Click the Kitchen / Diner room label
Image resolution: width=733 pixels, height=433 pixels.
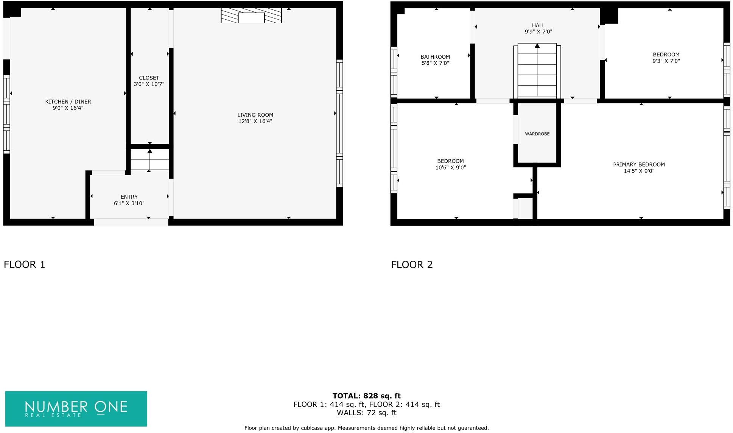tap(68, 101)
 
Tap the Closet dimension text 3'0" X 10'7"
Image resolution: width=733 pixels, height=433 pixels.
tap(149, 84)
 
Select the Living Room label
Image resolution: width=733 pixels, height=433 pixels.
tap(255, 115)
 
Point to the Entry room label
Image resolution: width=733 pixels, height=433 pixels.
tap(129, 197)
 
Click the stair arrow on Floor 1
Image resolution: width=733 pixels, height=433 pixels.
tap(150, 152)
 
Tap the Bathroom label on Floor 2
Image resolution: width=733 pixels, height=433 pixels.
tap(435, 57)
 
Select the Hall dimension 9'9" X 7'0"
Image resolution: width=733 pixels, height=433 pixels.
tap(538, 32)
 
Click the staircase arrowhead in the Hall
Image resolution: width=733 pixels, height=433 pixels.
tap(537, 46)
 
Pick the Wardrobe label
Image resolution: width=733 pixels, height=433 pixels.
tap(537, 134)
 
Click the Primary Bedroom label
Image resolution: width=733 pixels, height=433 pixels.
tap(639, 164)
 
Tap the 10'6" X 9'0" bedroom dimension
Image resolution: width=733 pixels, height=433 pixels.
tap(450, 167)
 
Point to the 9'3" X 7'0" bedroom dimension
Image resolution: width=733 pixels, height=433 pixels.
tap(666, 61)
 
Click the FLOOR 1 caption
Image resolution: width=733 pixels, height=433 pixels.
tap(25, 264)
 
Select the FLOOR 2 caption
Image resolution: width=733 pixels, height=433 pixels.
tap(412, 264)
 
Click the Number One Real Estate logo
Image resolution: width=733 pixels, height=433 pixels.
tap(76, 408)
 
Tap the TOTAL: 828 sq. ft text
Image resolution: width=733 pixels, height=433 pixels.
tap(366, 396)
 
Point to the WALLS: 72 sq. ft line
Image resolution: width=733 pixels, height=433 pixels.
tap(366, 413)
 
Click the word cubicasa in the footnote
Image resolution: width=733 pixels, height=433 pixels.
tap(314, 428)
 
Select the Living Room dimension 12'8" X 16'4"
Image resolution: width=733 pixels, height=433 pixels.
tap(255, 121)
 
